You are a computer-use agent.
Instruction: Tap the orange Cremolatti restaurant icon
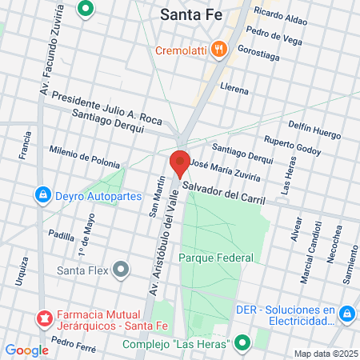click(221, 50)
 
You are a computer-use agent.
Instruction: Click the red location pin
click(180, 163)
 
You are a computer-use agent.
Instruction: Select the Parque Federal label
click(216, 258)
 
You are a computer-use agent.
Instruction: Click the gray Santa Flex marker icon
click(121, 270)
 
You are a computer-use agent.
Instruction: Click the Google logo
click(26, 350)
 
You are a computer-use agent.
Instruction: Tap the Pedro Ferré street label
click(74, 345)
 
